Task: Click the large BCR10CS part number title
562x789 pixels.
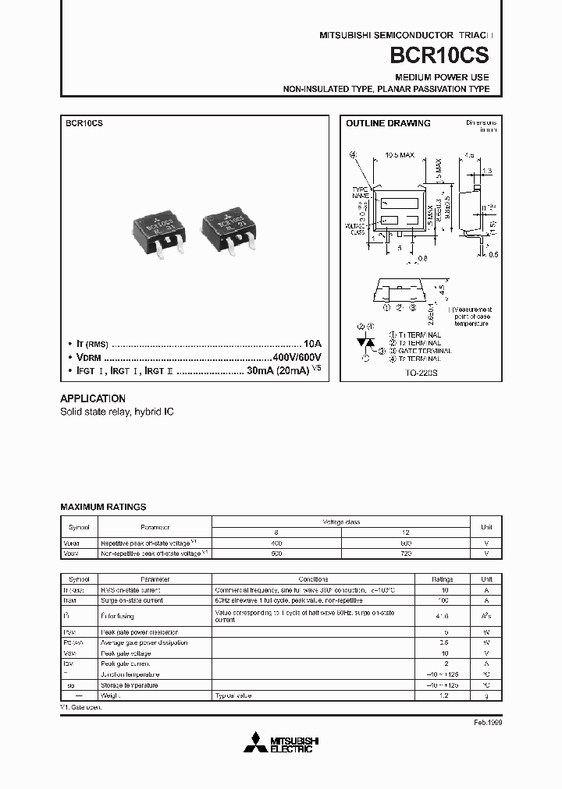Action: [x=446, y=58]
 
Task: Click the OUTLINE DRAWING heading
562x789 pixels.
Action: [x=388, y=123]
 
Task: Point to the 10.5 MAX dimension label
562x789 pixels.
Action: [x=400, y=155]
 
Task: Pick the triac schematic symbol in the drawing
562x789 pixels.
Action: [x=365, y=342]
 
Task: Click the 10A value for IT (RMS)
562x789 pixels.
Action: [x=311, y=343]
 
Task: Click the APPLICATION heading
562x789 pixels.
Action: [x=93, y=398]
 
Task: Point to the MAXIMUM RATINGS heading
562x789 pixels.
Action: [x=103, y=507]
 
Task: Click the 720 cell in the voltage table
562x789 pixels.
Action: [x=405, y=553]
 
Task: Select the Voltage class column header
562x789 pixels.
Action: [x=342, y=522]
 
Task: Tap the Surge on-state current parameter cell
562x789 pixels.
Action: [x=131, y=600]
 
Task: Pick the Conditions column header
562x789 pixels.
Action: [x=318, y=580]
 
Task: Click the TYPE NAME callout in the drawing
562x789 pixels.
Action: [x=360, y=192]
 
